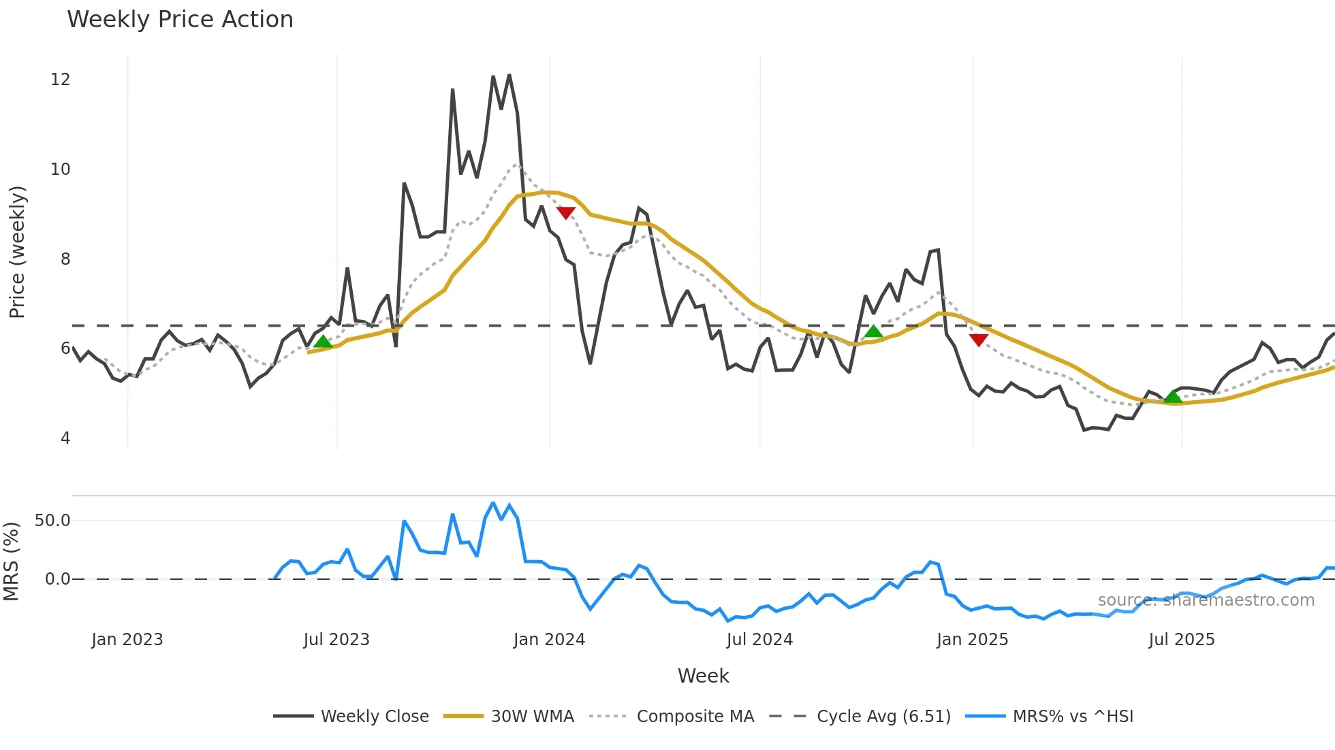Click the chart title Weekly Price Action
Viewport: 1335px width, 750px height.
pyautogui.click(x=180, y=20)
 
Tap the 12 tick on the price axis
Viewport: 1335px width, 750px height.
pyautogui.click(x=61, y=80)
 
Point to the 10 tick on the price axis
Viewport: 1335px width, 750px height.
pyautogui.click(x=61, y=169)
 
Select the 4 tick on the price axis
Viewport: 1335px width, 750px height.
pyautogui.click(x=65, y=438)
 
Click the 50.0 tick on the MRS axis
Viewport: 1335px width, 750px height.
pyautogui.click(x=52, y=521)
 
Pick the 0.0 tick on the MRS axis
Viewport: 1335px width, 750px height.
pyautogui.click(x=57, y=579)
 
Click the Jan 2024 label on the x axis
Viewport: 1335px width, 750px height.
pyautogui.click(x=549, y=640)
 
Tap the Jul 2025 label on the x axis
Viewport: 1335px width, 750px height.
pyautogui.click(x=1181, y=640)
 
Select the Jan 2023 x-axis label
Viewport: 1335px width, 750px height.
pyautogui.click(x=127, y=640)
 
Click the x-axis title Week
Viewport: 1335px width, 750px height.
pyautogui.click(x=703, y=676)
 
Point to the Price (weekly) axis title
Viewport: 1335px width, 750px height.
pyautogui.click(x=17, y=252)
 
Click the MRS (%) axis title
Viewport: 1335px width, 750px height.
pyautogui.click(x=11, y=561)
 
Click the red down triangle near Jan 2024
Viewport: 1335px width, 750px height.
pyautogui.click(x=566, y=212)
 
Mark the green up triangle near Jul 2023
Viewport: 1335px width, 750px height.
pyautogui.click(x=323, y=341)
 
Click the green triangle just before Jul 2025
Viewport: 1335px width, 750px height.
pyautogui.click(x=1172, y=396)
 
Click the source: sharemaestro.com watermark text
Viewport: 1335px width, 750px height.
pyautogui.click(x=1206, y=600)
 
